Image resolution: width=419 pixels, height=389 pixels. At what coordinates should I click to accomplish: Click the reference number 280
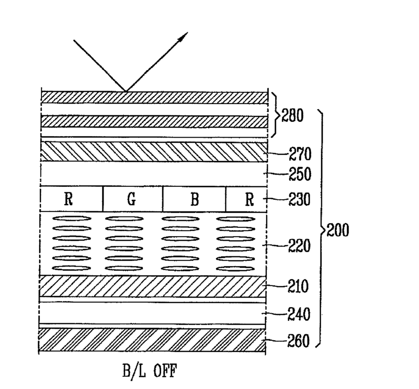(293, 116)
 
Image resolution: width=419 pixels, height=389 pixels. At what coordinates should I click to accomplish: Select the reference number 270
(300, 154)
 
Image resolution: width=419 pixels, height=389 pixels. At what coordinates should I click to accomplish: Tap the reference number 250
(300, 174)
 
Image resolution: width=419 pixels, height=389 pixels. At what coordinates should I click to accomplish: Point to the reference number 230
(299, 200)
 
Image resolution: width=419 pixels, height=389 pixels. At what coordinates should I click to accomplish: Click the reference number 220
(299, 246)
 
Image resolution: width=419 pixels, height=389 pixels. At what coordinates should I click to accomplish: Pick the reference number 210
(298, 286)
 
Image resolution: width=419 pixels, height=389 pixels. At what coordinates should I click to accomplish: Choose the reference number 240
(299, 314)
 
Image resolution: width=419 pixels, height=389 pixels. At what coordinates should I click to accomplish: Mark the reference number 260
(298, 341)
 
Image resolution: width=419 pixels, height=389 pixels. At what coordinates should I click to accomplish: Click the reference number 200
(338, 230)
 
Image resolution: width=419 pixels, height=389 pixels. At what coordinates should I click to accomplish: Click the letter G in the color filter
(131, 199)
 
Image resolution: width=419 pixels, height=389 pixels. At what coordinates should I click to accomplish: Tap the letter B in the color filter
(195, 200)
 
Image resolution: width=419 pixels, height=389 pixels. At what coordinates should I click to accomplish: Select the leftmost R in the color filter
(69, 199)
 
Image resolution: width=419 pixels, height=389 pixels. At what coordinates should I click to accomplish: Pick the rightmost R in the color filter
(249, 200)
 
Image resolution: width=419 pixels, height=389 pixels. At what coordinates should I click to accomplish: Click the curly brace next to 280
(276, 115)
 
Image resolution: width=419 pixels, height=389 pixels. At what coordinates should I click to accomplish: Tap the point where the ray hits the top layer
(126, 92)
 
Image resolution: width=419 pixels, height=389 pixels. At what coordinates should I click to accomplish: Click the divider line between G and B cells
(163, 199)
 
